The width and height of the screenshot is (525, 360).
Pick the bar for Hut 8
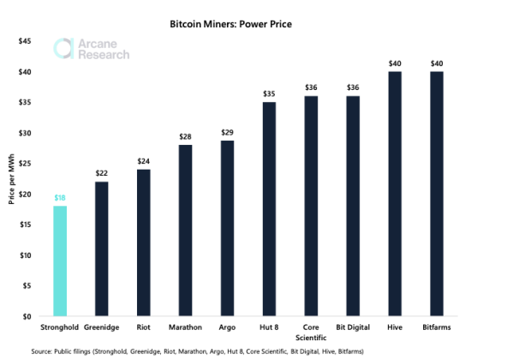tap(268, 209)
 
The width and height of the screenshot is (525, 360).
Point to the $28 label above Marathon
tap(185, 137)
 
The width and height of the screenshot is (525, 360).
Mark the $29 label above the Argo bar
tap(226, 132)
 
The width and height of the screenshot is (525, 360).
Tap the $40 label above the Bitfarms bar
tap(437, 63)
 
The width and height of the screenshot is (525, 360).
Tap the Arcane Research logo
tap(91, 49)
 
